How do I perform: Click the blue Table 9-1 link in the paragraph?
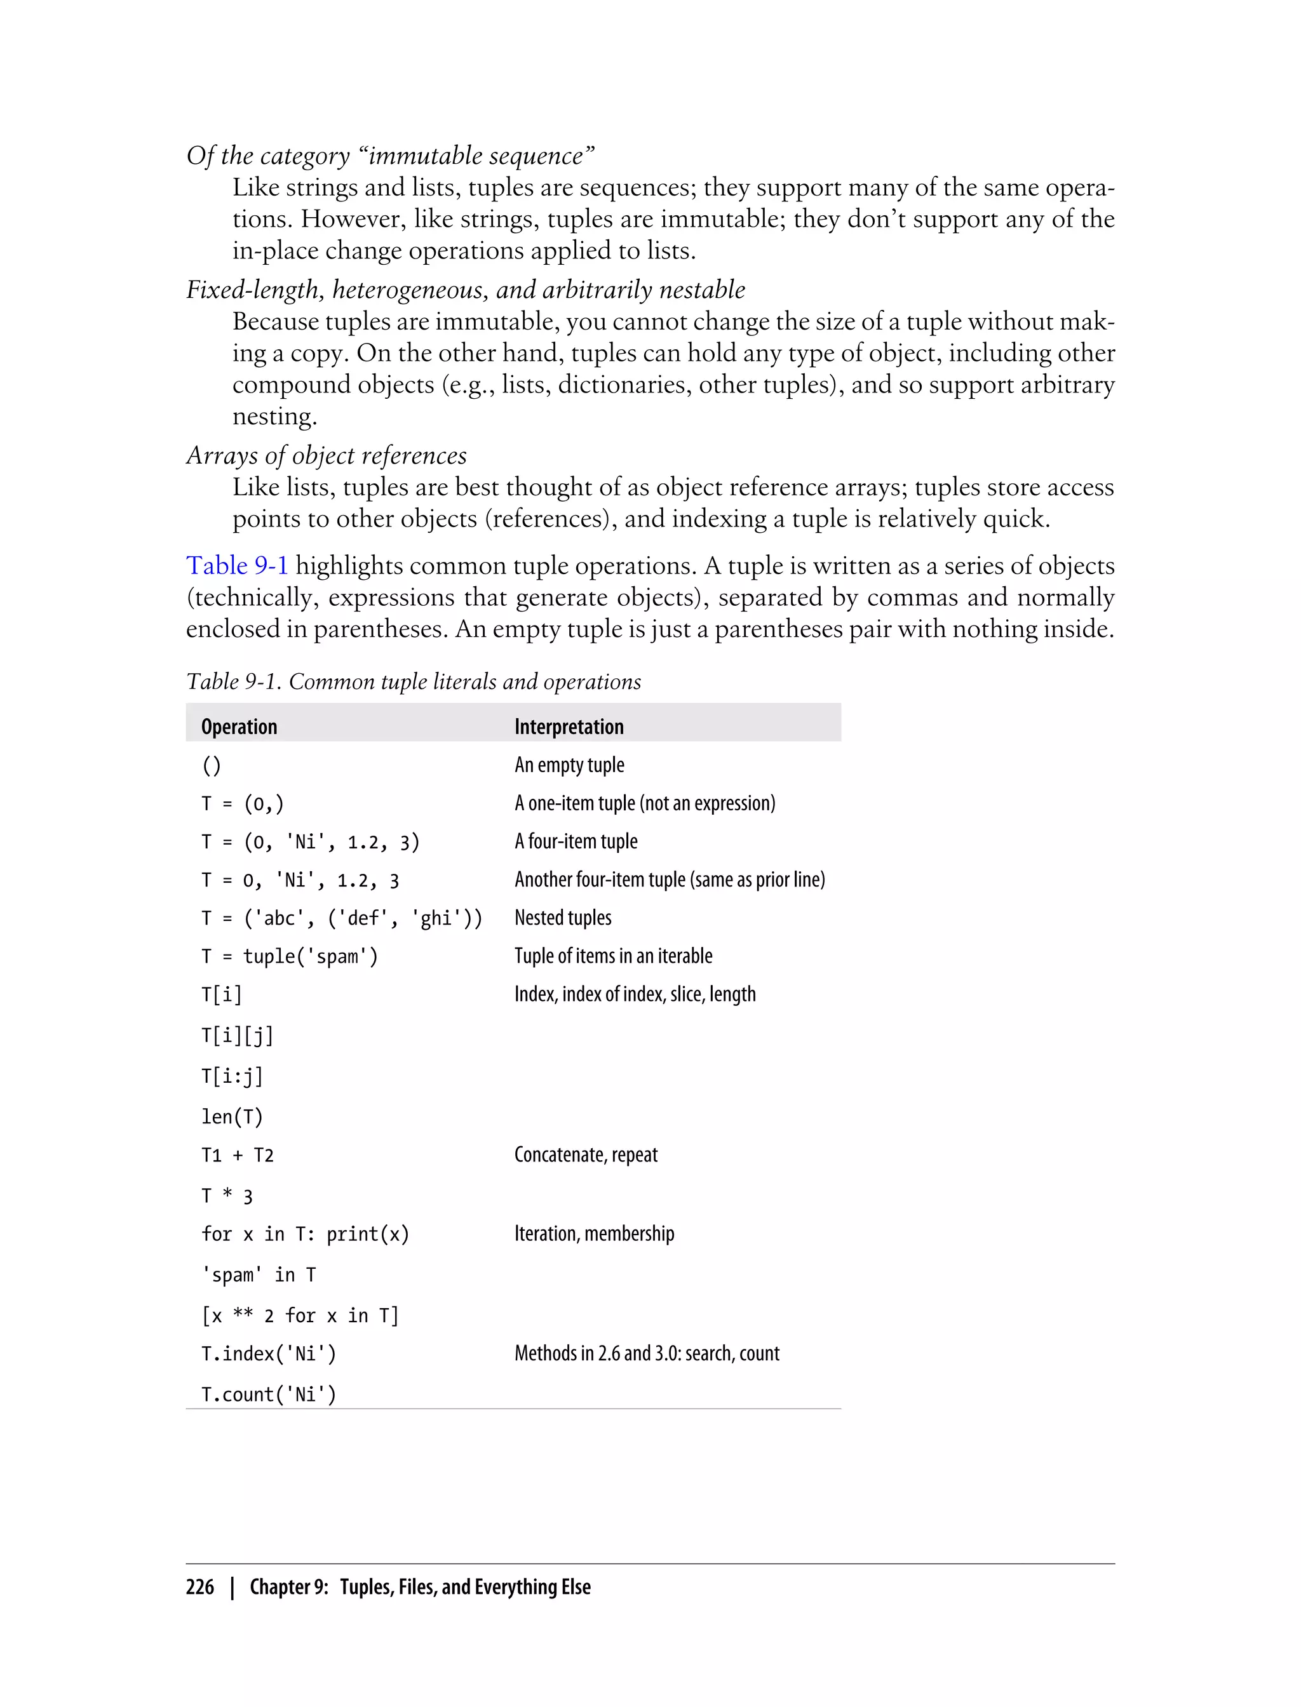pyautogui.click(x=237, y=566)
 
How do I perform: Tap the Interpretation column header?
pyautogui.click(x=569, y=727)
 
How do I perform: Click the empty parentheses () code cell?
pyautogui.click(x=212, y=766)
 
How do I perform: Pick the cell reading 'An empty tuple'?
pyautogui.click(x=569, y=765)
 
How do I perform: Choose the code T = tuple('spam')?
pyautogui.click(x=290, y=956)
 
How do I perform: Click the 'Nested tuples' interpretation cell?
pyautogui.click(x=563, y=918)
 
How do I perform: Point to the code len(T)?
pyautogui.click(x=233, y=1116)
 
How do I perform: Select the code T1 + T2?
pyautogui.click(x=238, y=1155)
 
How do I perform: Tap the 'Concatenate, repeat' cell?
pyautogui.click(x=586, y=1155)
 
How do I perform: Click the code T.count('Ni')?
pyautogui.click(x=269, y=1395)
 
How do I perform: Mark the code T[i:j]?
pyautogui.click(x=233, y=1075)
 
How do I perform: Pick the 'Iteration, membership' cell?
pyautogui.click(x=594, y=1233)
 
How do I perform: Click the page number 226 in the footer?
pyautogui.click(x=200, y=1587)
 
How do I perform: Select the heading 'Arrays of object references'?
pyautogui.click(x=326, y=455)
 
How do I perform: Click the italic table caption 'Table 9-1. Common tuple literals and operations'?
pyautogui.click(x=414, y=681)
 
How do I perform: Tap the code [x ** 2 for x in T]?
pyautogui.click(x=300, y=1315)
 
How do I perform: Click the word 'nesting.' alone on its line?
pyautogui.click(x=275, y=417)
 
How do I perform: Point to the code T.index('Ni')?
pyautogui.click(x=269, y=1353)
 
